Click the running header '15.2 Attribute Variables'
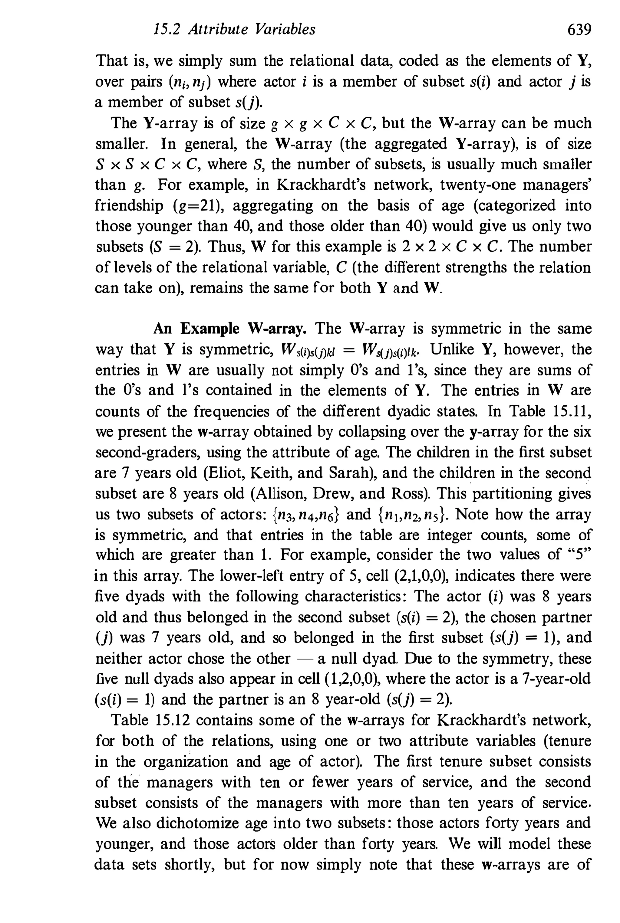click(234, 30)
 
